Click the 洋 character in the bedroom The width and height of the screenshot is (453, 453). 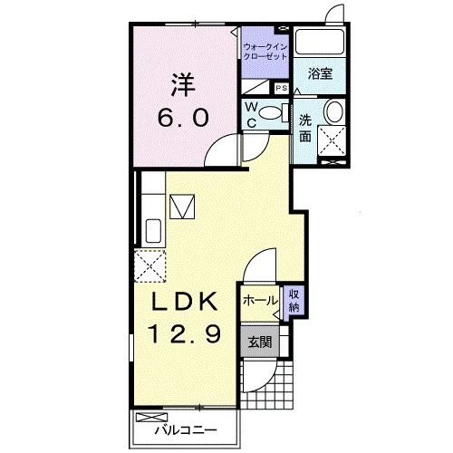click(x=184, y=84)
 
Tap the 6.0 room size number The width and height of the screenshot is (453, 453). click(x=183, y=118)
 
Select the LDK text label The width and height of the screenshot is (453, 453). click(x=185, y=301)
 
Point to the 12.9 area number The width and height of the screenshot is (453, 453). click(x=185, y=333)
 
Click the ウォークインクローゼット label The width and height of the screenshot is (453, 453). click(x=265, y=52)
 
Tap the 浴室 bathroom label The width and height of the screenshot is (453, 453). click(x=320, y=73)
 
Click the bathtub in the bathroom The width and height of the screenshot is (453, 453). click(x=320, y=42)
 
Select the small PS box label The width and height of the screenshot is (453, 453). click(x=282, y=88)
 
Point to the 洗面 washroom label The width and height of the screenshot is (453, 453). click(x=305, y=129)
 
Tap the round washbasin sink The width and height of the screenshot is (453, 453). click(x=333, y=111)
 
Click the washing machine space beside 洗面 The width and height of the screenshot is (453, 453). click(x=332, y=140)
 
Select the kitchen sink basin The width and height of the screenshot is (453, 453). click(x=153, y=230)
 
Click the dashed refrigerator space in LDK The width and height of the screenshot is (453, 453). click(x=149, y=266)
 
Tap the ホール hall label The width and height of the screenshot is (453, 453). click(x=260, y=301)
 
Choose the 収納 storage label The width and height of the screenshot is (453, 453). click(x=294, y=300)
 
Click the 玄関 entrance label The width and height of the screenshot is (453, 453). click(x=260, y=342)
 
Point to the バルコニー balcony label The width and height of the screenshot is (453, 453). click(x=186, y=430)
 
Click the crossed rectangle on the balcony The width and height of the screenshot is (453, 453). click(x=151, y=418)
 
